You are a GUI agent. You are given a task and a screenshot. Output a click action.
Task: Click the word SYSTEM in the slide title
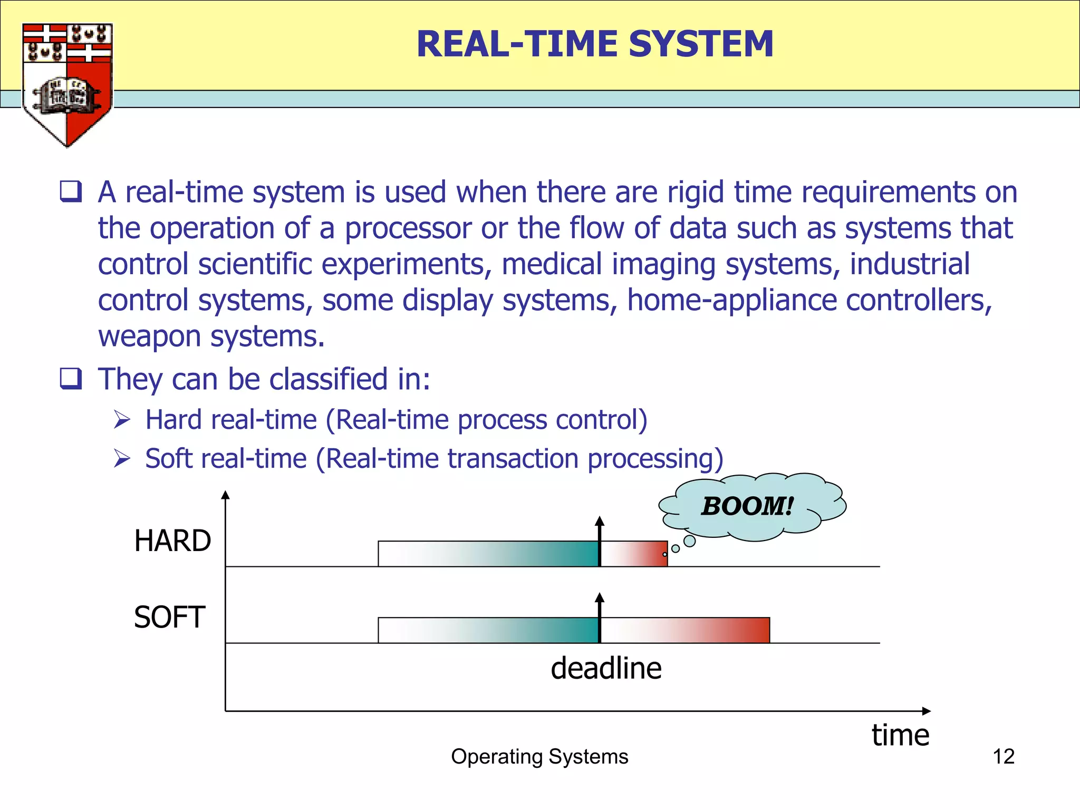point(701,44)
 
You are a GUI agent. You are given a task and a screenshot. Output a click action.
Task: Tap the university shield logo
point(67,84)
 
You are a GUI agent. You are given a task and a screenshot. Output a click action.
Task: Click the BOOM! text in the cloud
point(747,506)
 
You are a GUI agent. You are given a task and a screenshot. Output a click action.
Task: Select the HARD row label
point(172,541)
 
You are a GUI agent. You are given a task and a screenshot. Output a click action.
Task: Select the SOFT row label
point(169,618)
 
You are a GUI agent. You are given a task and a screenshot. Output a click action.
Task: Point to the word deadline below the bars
point(606,669)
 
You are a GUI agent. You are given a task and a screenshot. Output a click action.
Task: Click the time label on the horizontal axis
point(900,735)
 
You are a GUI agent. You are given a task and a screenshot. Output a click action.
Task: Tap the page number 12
point(1003,757)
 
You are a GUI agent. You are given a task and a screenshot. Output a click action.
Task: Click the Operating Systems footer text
point(539,757)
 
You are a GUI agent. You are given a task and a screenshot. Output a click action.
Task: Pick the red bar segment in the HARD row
point(634,554)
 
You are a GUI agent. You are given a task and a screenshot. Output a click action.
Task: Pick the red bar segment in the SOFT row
point(686,631)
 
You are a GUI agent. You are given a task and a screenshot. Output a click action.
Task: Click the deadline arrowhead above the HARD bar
point(600,522)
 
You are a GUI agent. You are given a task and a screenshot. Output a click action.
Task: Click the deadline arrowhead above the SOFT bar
point(600,598)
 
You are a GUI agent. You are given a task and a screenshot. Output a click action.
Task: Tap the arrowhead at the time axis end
point(926,711)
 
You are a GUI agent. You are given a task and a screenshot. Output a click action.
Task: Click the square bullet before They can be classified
point(71,379)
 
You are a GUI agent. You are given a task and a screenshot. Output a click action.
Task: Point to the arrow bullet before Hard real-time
point(122,420)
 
